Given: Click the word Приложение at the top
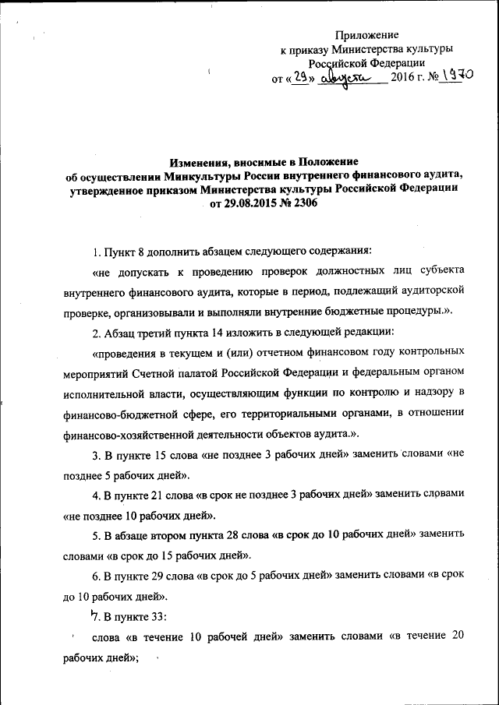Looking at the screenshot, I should (x=366, y=36).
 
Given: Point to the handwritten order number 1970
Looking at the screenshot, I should (x=456, y=76).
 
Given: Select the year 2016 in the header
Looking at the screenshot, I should (x=402, y=78).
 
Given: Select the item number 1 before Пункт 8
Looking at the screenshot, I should (x=95, y=252).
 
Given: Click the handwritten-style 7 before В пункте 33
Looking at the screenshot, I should (x=95, y=615).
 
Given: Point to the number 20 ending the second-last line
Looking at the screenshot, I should (x=458, y=636).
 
